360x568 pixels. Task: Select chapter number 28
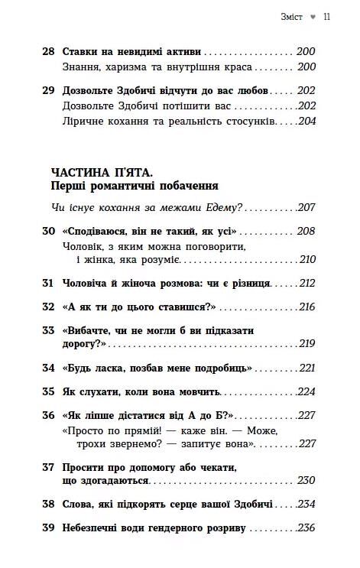(48, 52)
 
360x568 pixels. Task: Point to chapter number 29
(48, 90)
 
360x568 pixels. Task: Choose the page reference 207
(306, 207)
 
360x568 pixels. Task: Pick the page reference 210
(306, 260)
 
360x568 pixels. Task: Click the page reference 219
(306, 343)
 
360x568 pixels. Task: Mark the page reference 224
(306, 391)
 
